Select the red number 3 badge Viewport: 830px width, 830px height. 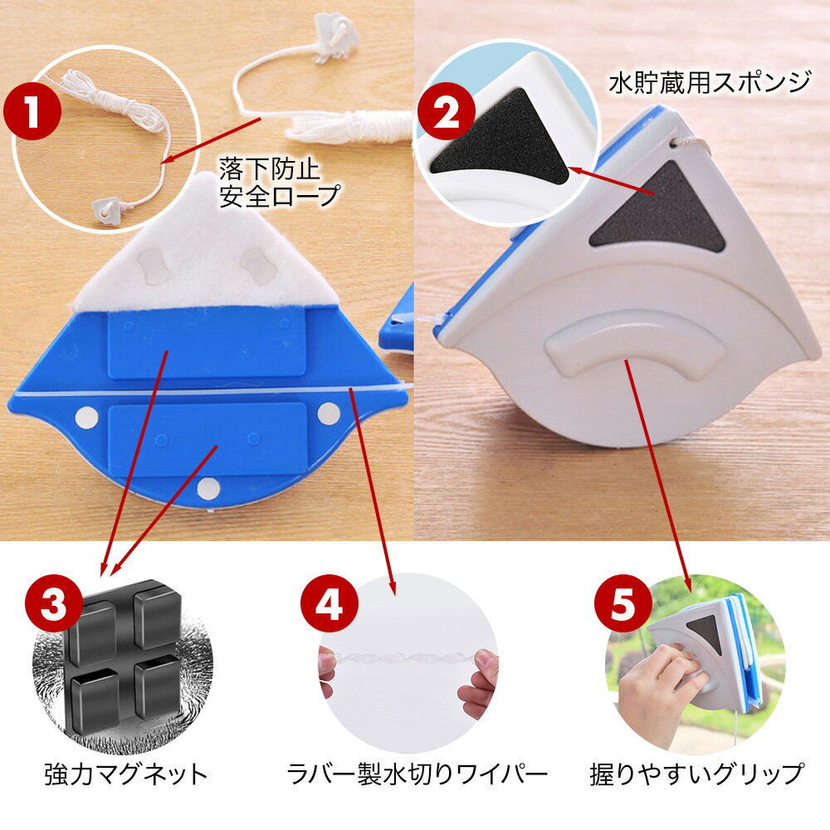(x=54, y=603)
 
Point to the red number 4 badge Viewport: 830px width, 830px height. (x=330, y=603)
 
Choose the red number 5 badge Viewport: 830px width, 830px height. (x=623, y=603)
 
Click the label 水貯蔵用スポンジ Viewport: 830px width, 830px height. (x=710, y=82)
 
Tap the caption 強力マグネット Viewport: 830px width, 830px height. (x=126, y=774)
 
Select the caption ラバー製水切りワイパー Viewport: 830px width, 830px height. (x=417, y=774)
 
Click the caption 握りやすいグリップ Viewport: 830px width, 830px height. (x=696, y=774)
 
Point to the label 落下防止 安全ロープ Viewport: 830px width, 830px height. (x=280, y=183)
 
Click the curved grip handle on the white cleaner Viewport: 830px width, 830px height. (x=632, y=344)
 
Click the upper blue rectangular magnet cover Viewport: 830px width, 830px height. (x=207, y=344)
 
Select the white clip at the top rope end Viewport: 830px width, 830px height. (x=335, y=38)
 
